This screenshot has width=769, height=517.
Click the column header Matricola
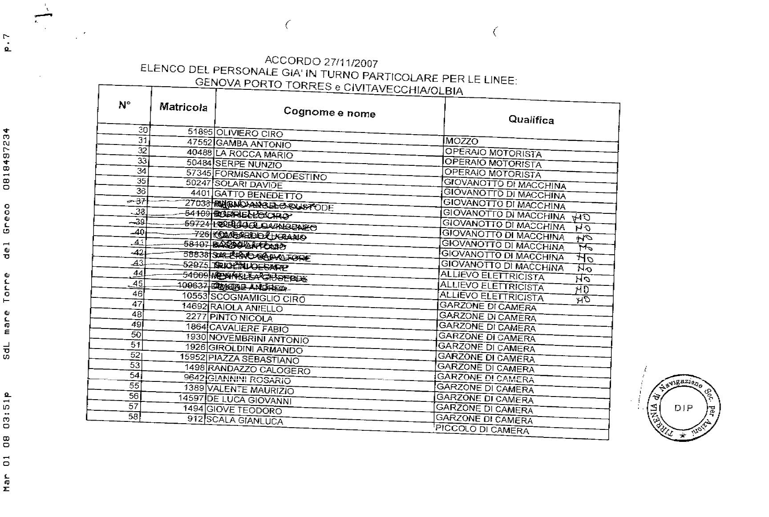[x=183, y=107]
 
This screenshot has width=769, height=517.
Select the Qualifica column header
[x=531, y=120]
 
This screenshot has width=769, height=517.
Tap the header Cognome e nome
[x=329, y=112]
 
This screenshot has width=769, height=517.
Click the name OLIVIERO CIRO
[x=250, y=133]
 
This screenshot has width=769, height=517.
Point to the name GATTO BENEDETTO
[x=258, y=195]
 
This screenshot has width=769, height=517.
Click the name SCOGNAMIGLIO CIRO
[x=258, y=298]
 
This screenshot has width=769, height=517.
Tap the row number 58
[x=134, y=417]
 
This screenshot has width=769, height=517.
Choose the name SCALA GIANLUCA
[x=244, y=421]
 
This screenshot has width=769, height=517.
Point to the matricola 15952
[x=192, y=357]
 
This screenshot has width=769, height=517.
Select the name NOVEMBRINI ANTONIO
[x=259, y=339]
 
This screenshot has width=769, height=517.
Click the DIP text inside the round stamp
[x=683, y=408]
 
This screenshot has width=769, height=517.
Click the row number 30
[x=142, y=130]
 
